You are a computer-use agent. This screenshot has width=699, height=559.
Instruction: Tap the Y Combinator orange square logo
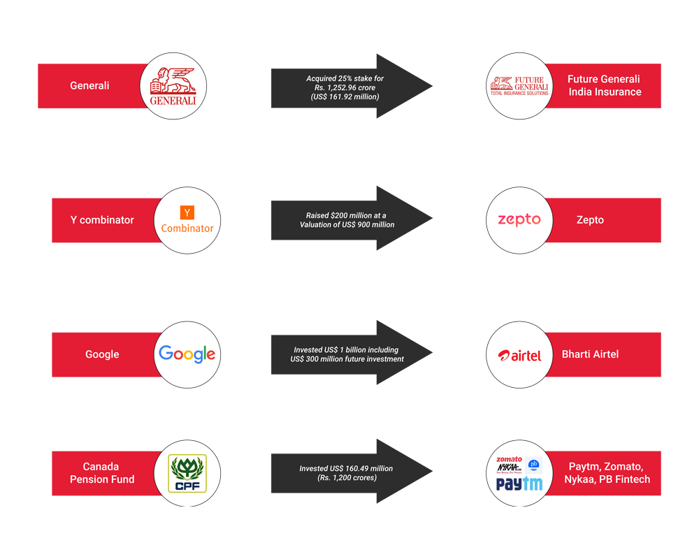pyautogui.click(x=187, y=212)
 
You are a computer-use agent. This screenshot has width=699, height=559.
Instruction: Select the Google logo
pyautogui.click(x=187, y=354)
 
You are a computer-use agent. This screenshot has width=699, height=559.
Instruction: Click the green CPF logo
pyautogui.click(x=187, y=474)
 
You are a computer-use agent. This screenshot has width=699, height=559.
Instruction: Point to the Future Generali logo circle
pyautogui.click(x=519, y=86)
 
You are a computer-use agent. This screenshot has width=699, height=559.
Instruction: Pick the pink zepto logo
pyautogui.click(x=519, y=220)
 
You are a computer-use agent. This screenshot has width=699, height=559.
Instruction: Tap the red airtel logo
pyautogui.click(x=519, y=355)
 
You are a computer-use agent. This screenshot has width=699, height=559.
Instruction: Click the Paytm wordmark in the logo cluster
pyautogui.click(x=519, y=484)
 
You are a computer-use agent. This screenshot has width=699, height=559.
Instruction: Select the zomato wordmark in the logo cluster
pyautogui.click(x=509, y=459)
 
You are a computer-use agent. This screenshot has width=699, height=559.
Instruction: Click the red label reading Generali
pyautogui.click(x=89, y=85)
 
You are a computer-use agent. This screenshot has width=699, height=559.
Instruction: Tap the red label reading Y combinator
pyautogui.click(x=102, y=220)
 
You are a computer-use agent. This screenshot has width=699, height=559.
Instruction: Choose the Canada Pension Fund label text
pyautogui.click(x=102, y=473)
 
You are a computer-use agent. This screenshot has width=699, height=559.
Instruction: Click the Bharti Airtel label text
pyautogui.click(x=590, y=354)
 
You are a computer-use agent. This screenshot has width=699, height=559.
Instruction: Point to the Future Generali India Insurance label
pyautogui.click(x=604, y=85)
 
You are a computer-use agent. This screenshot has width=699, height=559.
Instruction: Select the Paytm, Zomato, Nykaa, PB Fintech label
pyautogui.click(x=607, y=473)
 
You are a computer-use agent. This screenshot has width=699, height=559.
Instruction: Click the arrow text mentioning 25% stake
pyautogui.click(x=345, y=87)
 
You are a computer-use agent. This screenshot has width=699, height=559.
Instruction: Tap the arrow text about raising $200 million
pyautogui.click(x=347, y=220)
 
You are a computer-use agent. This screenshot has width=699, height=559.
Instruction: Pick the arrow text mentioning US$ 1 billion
pyautogui.click(x=347, y=354)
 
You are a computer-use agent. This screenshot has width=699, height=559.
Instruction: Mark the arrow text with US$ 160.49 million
pyautogui.click(x=347, y=473)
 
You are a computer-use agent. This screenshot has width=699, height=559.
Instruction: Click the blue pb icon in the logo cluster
pyautogui.click(x=533, y=465)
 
